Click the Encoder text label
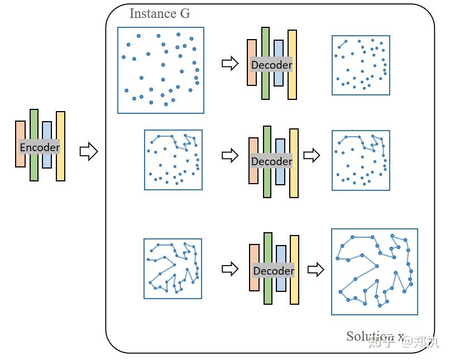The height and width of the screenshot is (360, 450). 40,147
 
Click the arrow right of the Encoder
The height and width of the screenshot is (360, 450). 89,151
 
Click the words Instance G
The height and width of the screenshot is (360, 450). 160,13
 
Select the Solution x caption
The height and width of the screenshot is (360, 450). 375,336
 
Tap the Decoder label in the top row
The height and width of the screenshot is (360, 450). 272,65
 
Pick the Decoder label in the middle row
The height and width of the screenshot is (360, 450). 272,161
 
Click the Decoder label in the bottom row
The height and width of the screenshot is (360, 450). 274,271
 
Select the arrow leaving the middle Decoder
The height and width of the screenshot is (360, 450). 312,155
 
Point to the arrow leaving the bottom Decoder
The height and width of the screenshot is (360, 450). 316,270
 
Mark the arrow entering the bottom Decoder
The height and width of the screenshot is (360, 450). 229,269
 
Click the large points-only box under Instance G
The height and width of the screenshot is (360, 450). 161,70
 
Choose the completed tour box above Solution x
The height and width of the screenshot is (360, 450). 374,271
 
